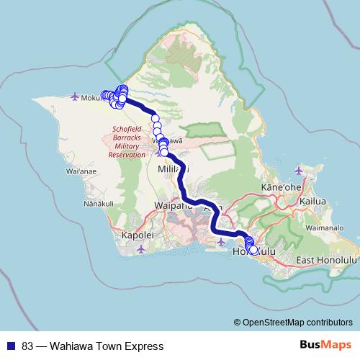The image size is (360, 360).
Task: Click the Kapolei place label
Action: [x=139, y=235]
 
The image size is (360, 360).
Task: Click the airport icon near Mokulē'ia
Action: [x=76, y=95]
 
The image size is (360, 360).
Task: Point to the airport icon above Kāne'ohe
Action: [x=299, y=170]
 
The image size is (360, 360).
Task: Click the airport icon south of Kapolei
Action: [x=140, y=249]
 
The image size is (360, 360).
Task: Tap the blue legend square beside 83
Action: [x=12, y=346]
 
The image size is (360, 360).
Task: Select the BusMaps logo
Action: [x=325, y=345]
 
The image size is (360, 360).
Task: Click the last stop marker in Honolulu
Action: [x=253, y=250]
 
